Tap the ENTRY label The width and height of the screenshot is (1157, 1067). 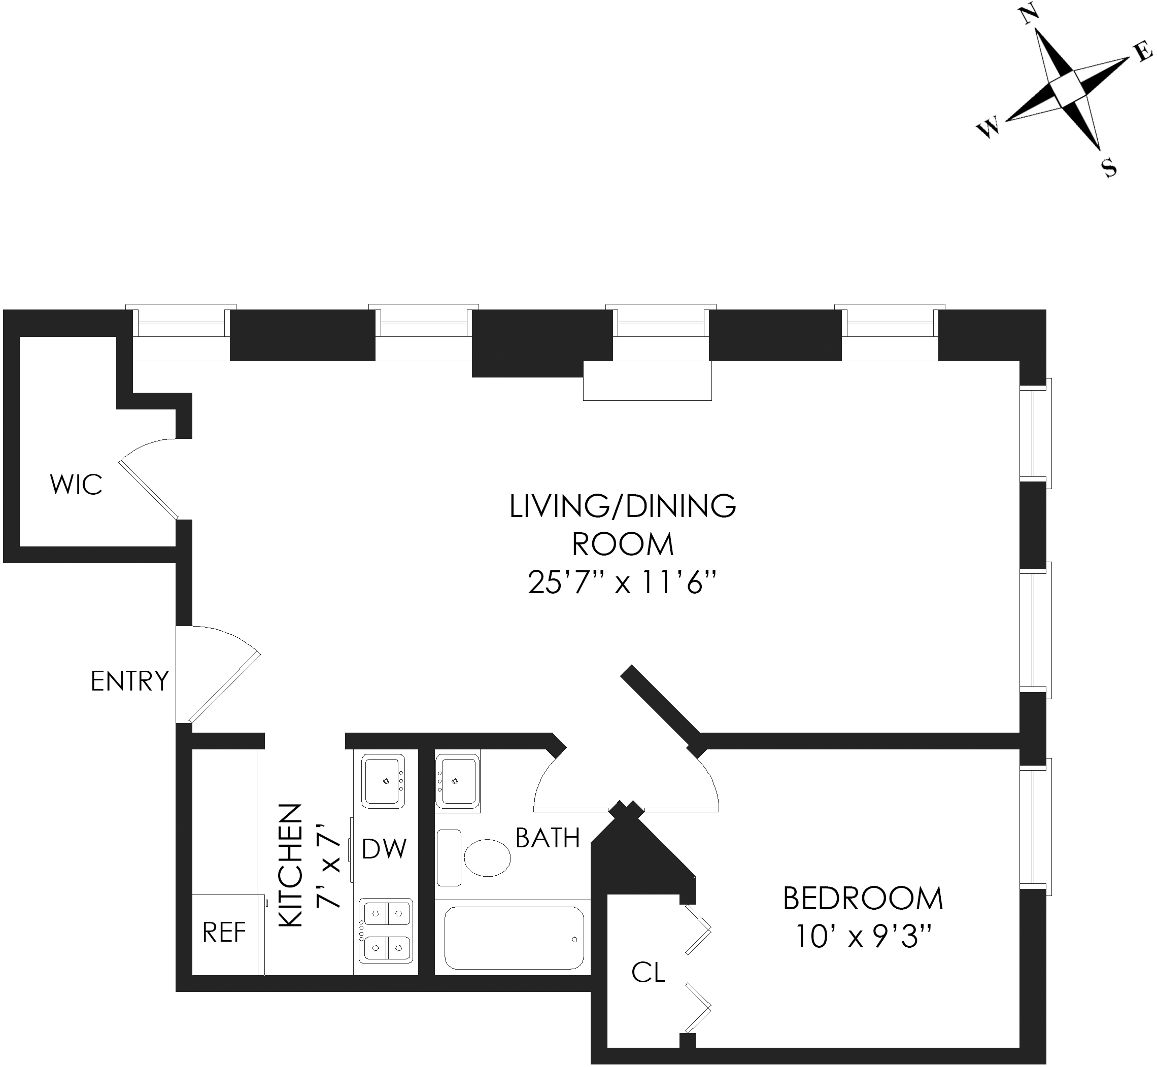point(129,681)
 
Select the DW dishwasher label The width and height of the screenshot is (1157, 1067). point(385,849)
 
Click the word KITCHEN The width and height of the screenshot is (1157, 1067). point(291,866)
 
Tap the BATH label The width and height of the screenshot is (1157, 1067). point(548,838)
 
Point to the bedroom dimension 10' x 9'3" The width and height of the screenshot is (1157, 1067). point(863,937)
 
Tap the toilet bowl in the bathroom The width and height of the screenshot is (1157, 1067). point(488,857)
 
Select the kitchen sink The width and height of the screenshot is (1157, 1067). point(383,781)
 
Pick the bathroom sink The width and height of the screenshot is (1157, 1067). point(457,781)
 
